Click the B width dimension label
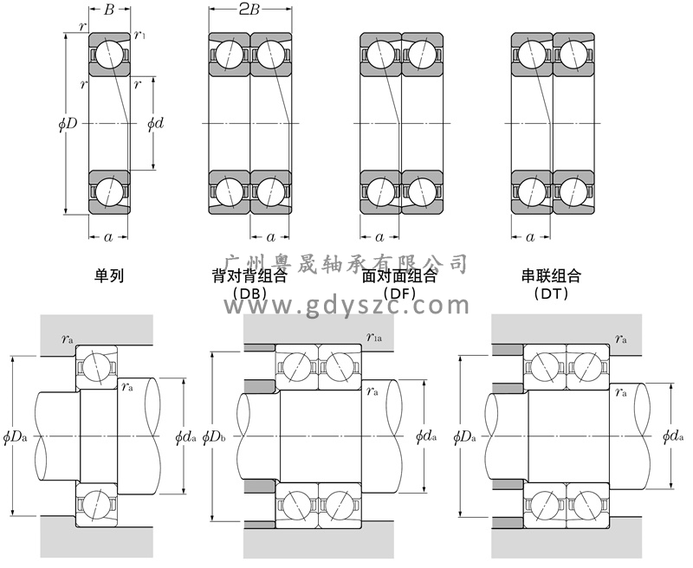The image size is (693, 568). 109,10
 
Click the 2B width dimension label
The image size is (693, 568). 250,10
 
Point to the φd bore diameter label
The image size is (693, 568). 156,124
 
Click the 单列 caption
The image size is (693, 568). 109,276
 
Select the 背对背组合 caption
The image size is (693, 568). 249,276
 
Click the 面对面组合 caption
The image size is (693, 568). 399,276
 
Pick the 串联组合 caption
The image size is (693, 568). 550,276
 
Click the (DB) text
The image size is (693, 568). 249,294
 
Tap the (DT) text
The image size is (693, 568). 550,294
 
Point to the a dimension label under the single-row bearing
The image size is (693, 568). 107,236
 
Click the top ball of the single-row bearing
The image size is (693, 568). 108,54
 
